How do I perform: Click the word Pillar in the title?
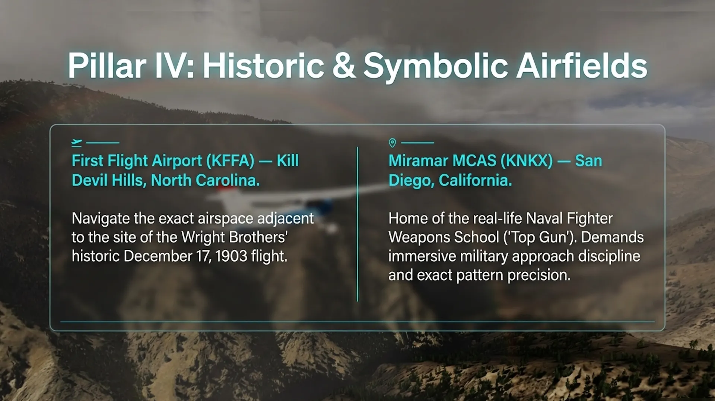[107, 66]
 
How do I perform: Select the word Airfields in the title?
[581, 66]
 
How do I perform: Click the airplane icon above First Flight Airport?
[77, 143]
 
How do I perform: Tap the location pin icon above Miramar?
[392, 143]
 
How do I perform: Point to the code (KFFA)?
[230, 161]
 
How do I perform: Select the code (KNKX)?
[527, 161]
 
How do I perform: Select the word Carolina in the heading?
[228, 181]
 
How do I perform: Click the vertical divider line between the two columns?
[357, 224]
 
